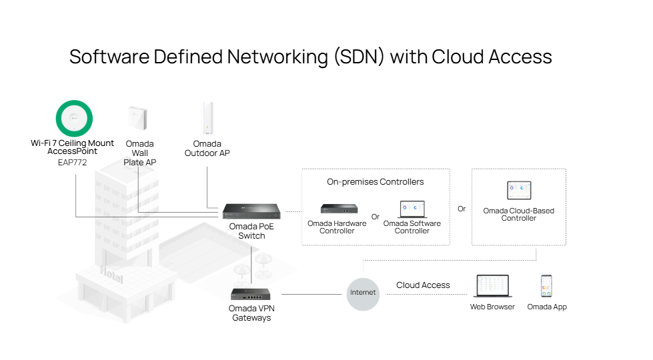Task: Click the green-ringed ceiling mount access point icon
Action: [x=74, y=119]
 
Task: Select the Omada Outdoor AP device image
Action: [x=207, y=119]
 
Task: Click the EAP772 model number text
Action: [x=72, y=162]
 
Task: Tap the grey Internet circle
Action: [x=363, y=293]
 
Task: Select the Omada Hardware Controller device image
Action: [x=338, y=209]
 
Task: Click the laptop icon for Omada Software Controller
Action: [x=412, y=209]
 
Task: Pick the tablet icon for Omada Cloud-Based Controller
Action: [x=519, y=191]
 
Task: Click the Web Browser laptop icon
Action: [x=492, y=286]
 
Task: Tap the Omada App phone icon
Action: [x=546, y=286]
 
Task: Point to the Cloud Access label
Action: [x=423, y=285]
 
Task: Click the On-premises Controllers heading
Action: [x=375, y=181]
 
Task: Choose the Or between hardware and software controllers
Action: [x=376, y=217]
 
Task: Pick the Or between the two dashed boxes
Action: [x=462, y=209]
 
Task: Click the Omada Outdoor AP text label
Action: [x=207, y=149]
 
